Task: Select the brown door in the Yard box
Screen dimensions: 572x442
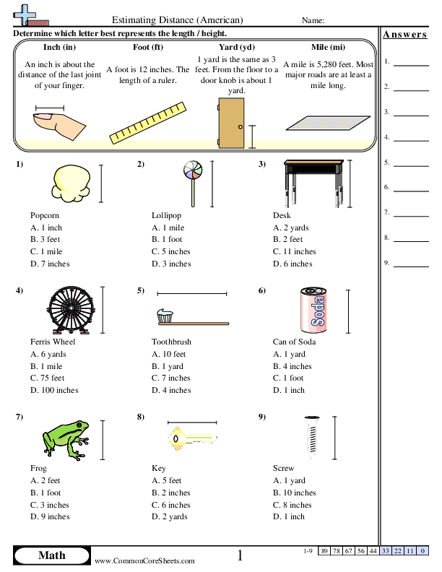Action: coord(231,121)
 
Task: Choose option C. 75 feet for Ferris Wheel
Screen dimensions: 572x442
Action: coord(48,378)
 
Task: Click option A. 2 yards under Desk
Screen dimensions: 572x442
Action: coord(291,227)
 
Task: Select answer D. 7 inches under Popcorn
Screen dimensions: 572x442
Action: coord(50,264)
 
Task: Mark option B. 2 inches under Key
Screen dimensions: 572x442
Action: coord(171,493)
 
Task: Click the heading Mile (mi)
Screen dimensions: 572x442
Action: coord(328,47)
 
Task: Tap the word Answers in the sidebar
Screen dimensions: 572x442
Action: coord(405,34)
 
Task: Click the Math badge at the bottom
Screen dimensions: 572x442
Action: coord(51,555)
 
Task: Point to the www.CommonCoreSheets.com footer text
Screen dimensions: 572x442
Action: coord(144,560)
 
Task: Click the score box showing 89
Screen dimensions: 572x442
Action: coord(325,551)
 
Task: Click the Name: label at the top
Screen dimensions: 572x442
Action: coord(312,20)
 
